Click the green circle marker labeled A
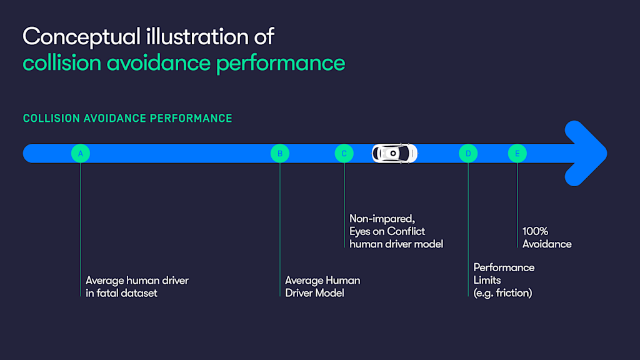(81, 153)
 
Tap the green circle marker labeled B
(280, 153)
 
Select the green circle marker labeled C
(344, 153)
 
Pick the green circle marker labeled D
(468, 153)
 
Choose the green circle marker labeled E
(517, 153)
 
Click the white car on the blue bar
(394, 153)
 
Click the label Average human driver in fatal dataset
(137, 287)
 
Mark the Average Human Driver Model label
(322, 287)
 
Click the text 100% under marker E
(536, 231)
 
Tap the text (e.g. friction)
(502, 293)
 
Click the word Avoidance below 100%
(547, 244)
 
